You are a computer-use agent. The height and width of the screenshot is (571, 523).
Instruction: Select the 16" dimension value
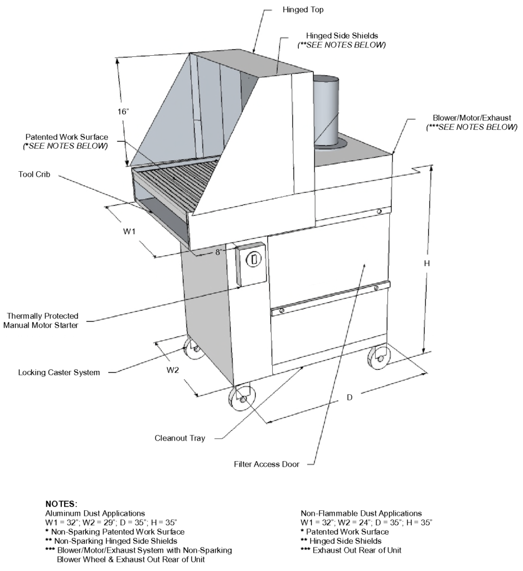click(x=123, y=112)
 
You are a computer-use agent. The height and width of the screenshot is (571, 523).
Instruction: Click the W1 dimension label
click(x=129, y=231)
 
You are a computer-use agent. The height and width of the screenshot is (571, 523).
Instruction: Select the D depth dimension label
click(x=350, y=398)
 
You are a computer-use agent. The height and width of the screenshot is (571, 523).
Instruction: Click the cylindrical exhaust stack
click(x=327, y=112)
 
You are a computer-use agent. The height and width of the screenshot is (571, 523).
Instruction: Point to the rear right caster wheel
click(x=380, y=357)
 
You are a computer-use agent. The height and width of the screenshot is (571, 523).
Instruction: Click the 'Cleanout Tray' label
click(x=180, y=438)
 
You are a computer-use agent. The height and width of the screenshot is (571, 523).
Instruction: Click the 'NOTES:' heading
click(x=61, y=504)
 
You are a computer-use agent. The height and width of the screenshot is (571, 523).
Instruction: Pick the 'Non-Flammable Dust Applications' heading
click(x=361, y=512)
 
